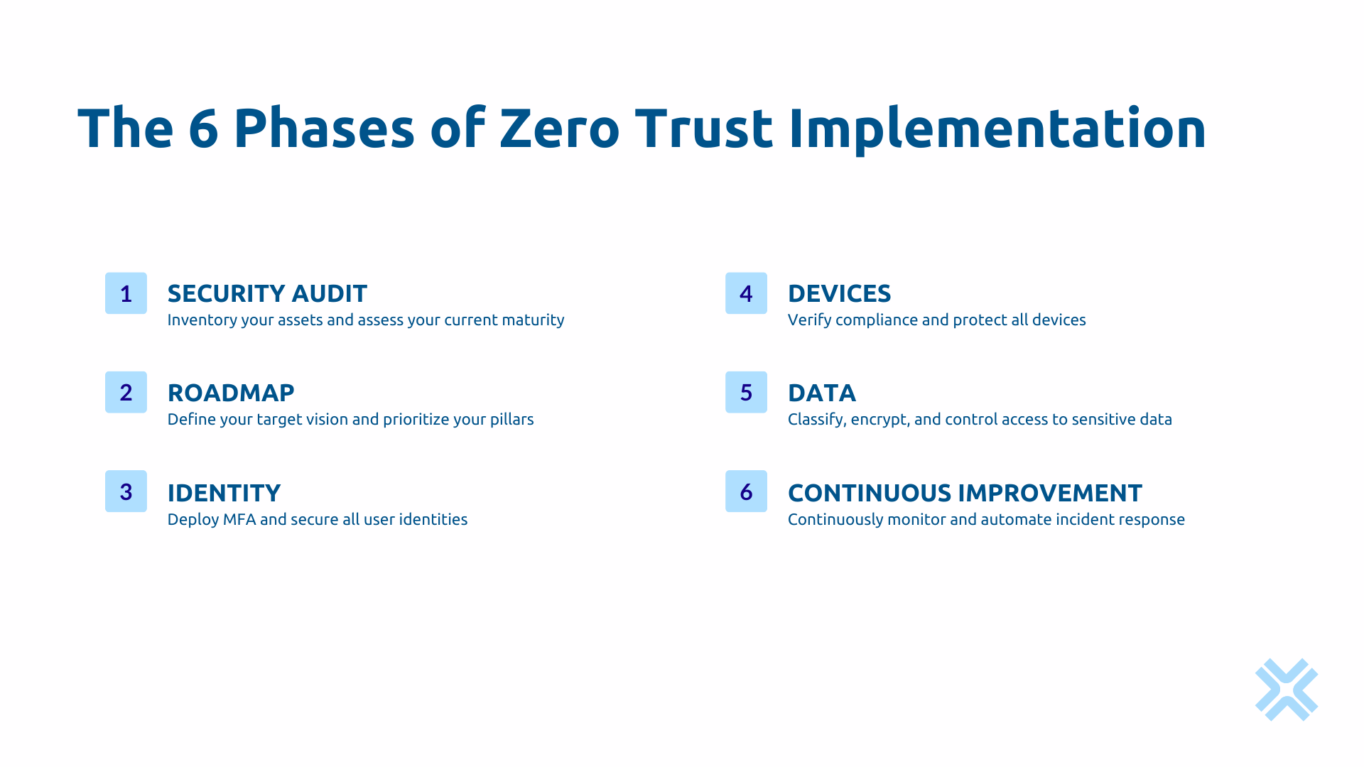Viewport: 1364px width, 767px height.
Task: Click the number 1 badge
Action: point(126,293)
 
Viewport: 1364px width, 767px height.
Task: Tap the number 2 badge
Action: point(126,392)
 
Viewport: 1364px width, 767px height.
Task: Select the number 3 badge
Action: point(126,491)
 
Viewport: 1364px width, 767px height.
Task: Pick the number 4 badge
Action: point(746,293)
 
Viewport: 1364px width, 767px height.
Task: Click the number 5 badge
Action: point(746,392)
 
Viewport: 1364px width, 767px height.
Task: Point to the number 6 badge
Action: point(746,491)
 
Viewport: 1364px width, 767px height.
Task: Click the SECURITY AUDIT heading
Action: point(267,293)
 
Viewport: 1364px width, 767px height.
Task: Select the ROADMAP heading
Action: point(231,393)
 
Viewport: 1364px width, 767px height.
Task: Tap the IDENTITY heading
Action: point(224,493)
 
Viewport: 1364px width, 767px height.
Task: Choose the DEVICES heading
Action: point(839,293)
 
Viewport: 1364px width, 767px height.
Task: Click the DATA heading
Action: point(822,393)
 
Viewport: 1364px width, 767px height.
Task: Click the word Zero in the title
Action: point(560,129)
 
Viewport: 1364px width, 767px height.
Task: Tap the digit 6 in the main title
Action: point(203,129)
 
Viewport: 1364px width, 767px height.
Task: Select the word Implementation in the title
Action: point(997,129)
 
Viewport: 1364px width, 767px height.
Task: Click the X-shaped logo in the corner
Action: point(1287,690)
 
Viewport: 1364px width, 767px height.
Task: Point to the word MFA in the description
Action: point(239,519)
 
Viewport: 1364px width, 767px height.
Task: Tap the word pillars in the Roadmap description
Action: point(511,420)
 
